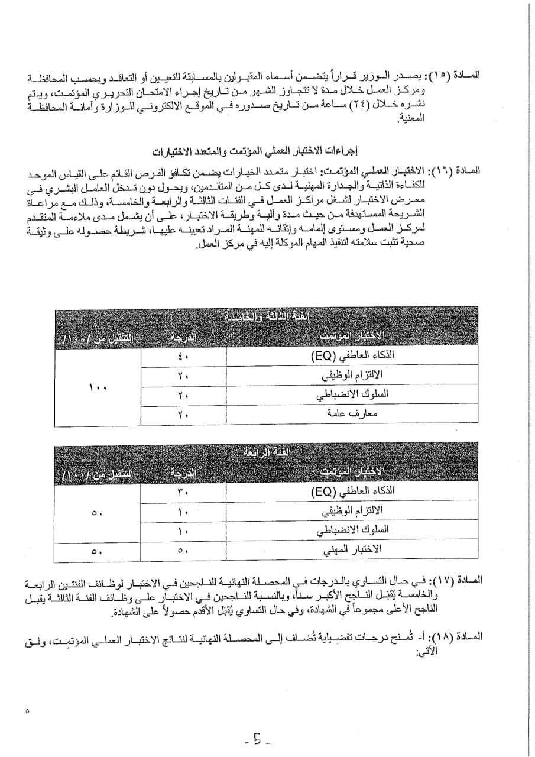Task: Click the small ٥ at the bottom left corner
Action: (x=27, y=711)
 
